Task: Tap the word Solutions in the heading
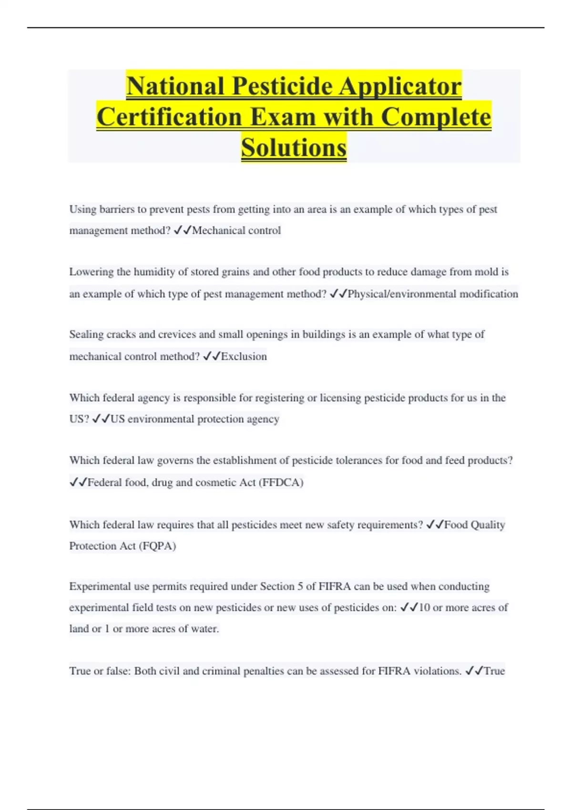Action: (x=294, y=147)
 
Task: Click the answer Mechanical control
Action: (x=236, y=231)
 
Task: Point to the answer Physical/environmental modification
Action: (x=433, y=294)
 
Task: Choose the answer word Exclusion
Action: (x=244, y=356)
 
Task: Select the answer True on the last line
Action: (x=494, y=671)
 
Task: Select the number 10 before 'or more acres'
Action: (x=424, y=607)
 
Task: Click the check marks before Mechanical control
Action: (x=183, y=231)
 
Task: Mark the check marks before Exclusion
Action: (x=211, y=356)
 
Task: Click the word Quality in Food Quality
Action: (x=487, y=525)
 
